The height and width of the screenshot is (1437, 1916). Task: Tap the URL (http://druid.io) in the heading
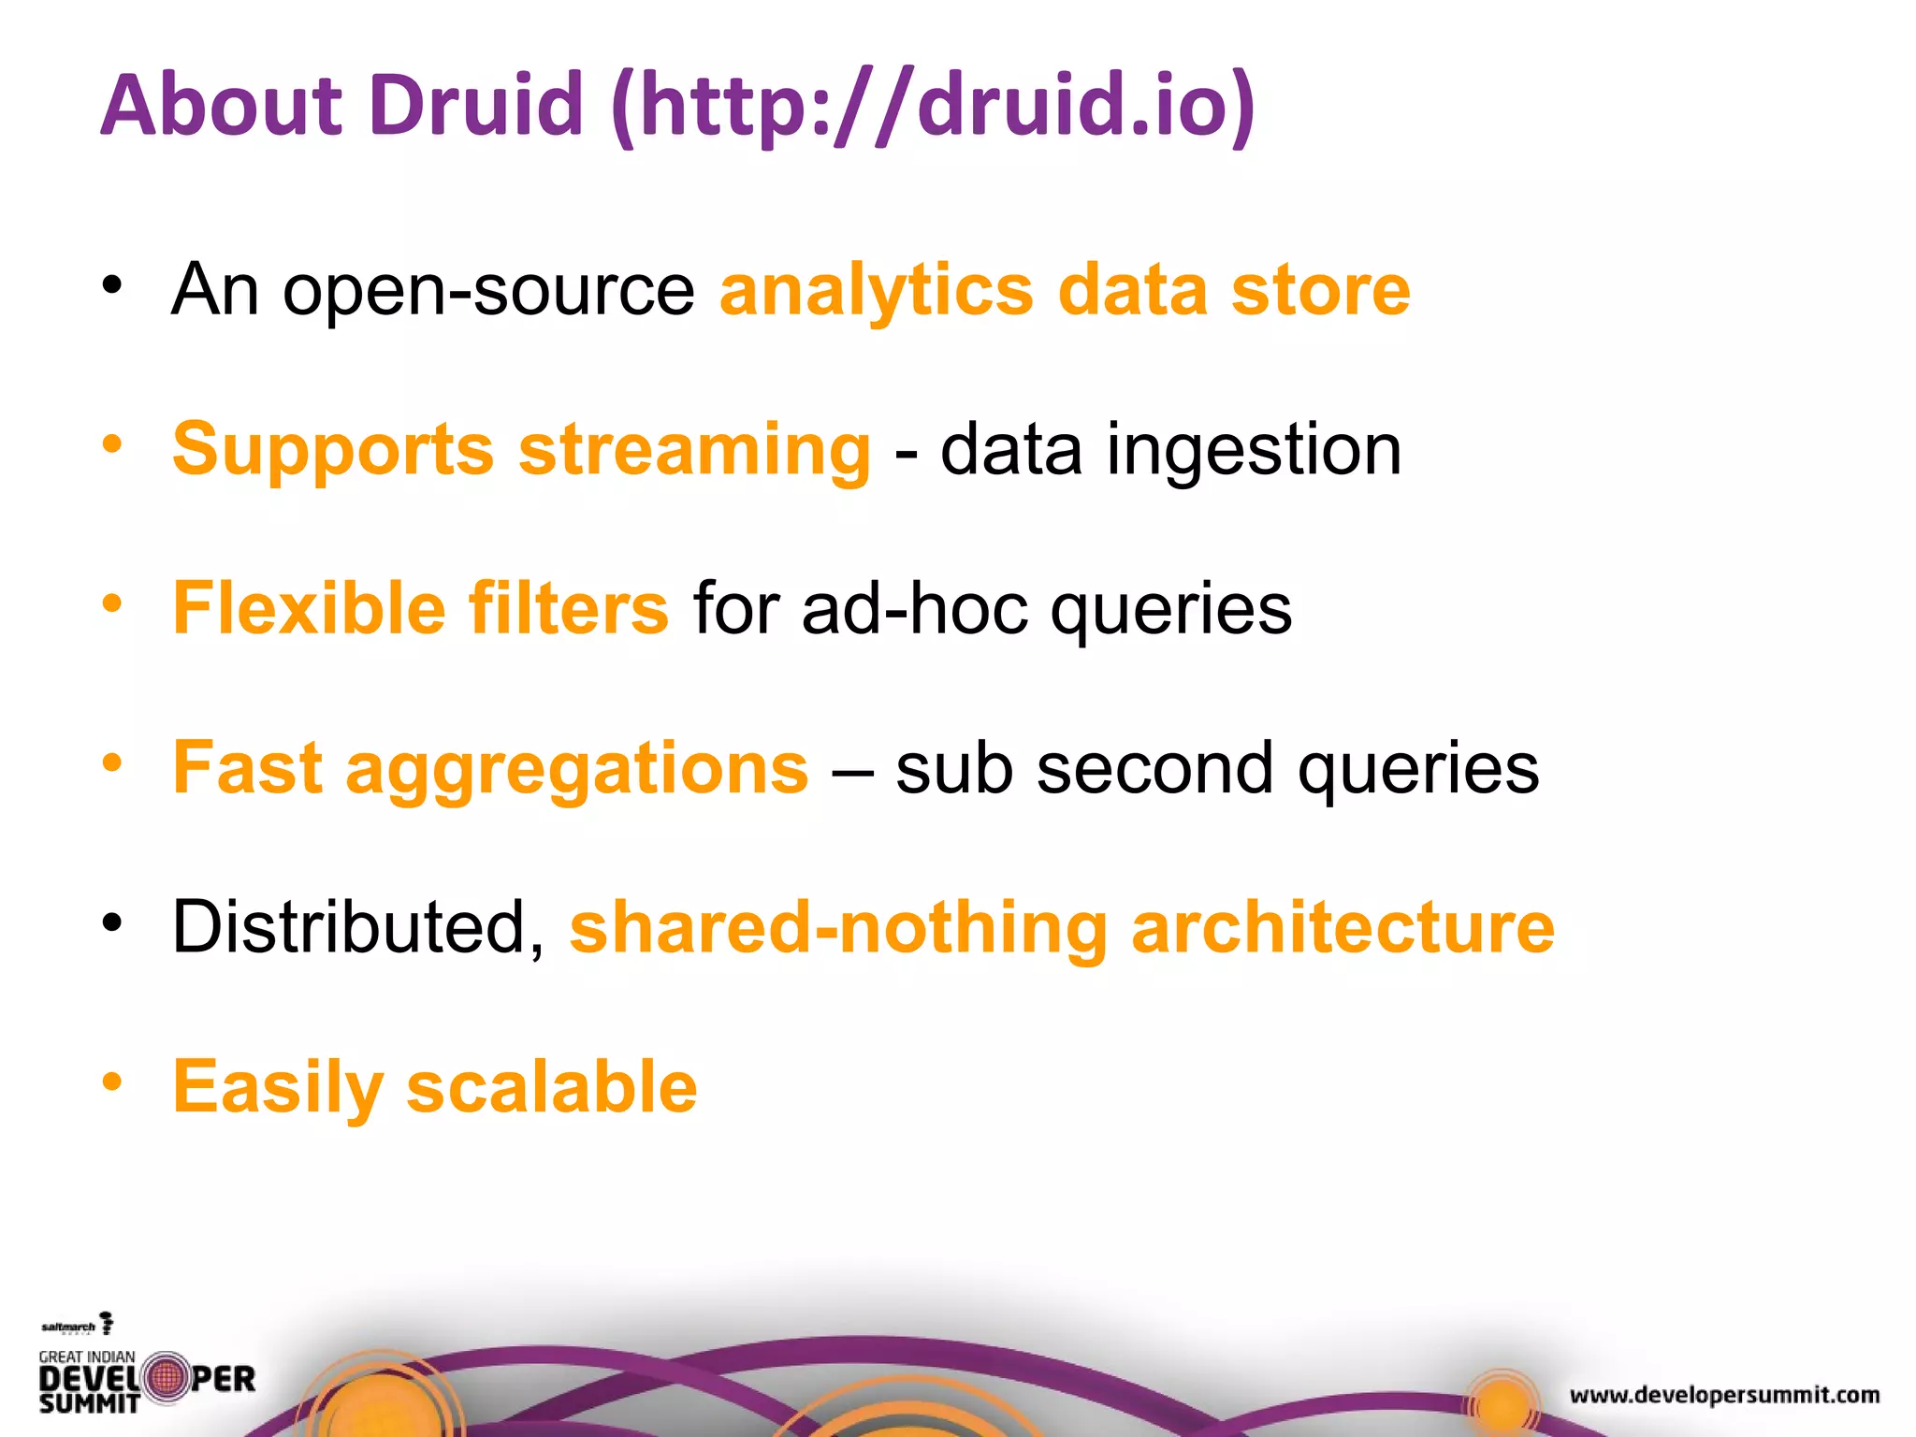coord(933,105)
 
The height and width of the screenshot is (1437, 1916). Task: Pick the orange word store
coord(1320,291)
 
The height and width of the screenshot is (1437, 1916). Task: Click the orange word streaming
coord(694,450)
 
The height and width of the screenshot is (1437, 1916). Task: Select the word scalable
coord(552,1087)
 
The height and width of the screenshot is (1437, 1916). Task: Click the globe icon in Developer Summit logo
coord(166,1377)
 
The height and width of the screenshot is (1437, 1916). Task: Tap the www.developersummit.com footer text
coord(1724,1396)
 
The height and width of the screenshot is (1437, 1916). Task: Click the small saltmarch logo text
coord(68,1327)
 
